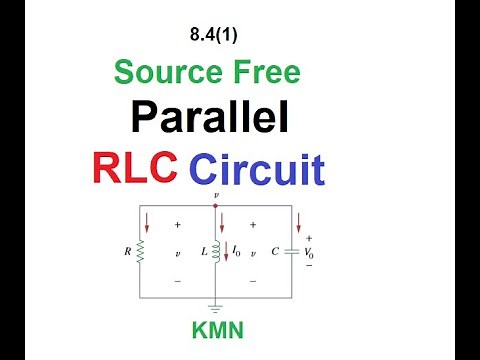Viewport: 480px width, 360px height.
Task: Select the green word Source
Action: (x=166, y=72)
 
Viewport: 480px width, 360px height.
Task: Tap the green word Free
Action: (x=264, y=72)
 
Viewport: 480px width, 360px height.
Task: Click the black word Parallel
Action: (x=209, y=118)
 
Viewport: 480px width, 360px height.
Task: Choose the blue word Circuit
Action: (x=257, y=168)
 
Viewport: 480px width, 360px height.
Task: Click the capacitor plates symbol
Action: (x=292, y=253)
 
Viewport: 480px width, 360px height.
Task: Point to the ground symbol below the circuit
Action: (x=216, y=310)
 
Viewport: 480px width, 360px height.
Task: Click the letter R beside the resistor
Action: (x=127, y=253)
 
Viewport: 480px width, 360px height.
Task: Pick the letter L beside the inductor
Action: (x=203, y=253)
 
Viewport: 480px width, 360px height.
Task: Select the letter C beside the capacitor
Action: (x=274, y=253)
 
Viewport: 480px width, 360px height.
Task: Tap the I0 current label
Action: (x=238, y=252)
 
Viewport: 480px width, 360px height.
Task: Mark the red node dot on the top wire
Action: (x=216, y=207)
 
